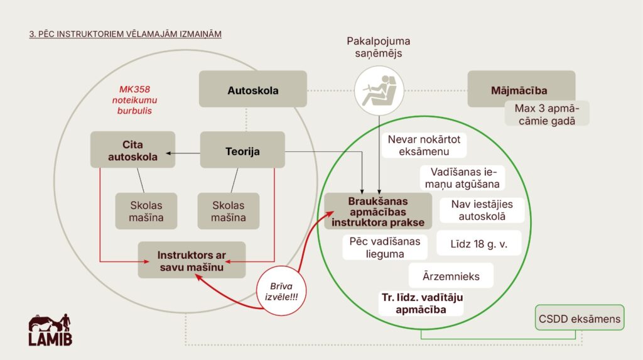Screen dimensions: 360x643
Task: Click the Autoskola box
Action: pos(252,89)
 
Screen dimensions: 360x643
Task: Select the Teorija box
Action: pos(242,150)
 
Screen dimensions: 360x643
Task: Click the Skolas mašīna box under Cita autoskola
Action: pos(146,211)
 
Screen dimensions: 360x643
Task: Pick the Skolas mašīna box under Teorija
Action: pos(228,211)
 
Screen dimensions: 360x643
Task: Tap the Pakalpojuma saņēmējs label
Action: pos(378,48)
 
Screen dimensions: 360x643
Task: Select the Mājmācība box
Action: pos(521,89)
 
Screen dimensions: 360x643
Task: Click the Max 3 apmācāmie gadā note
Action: pos(548,114)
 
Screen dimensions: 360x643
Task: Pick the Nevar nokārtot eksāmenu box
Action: pos(427,145)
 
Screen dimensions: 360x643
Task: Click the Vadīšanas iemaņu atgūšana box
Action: pos(465,177)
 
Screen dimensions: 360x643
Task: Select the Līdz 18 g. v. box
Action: pos(479,243)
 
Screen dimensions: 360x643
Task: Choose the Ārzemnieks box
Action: pos(451,275)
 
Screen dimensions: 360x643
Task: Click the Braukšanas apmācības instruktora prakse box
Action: pos(378,211)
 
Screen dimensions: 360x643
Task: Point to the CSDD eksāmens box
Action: pos(579,319)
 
